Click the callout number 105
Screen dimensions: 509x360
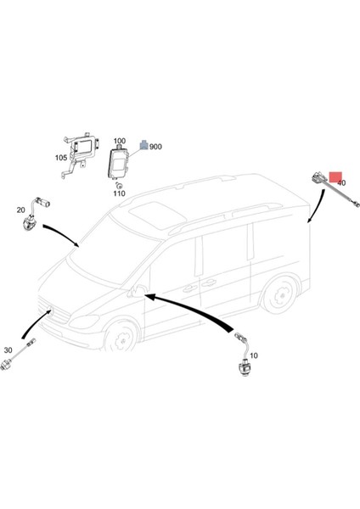coord(61,158)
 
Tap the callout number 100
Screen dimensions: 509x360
coord(119,141)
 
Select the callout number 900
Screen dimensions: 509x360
coord(155,147)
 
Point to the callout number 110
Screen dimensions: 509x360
coord(120,193)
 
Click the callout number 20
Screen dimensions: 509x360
coord(20,210)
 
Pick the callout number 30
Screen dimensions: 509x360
coord(8,350)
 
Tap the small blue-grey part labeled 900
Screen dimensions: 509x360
coord(143,146)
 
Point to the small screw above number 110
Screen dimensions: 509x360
coord(121,184)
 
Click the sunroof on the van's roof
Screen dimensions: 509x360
coord(150,210)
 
